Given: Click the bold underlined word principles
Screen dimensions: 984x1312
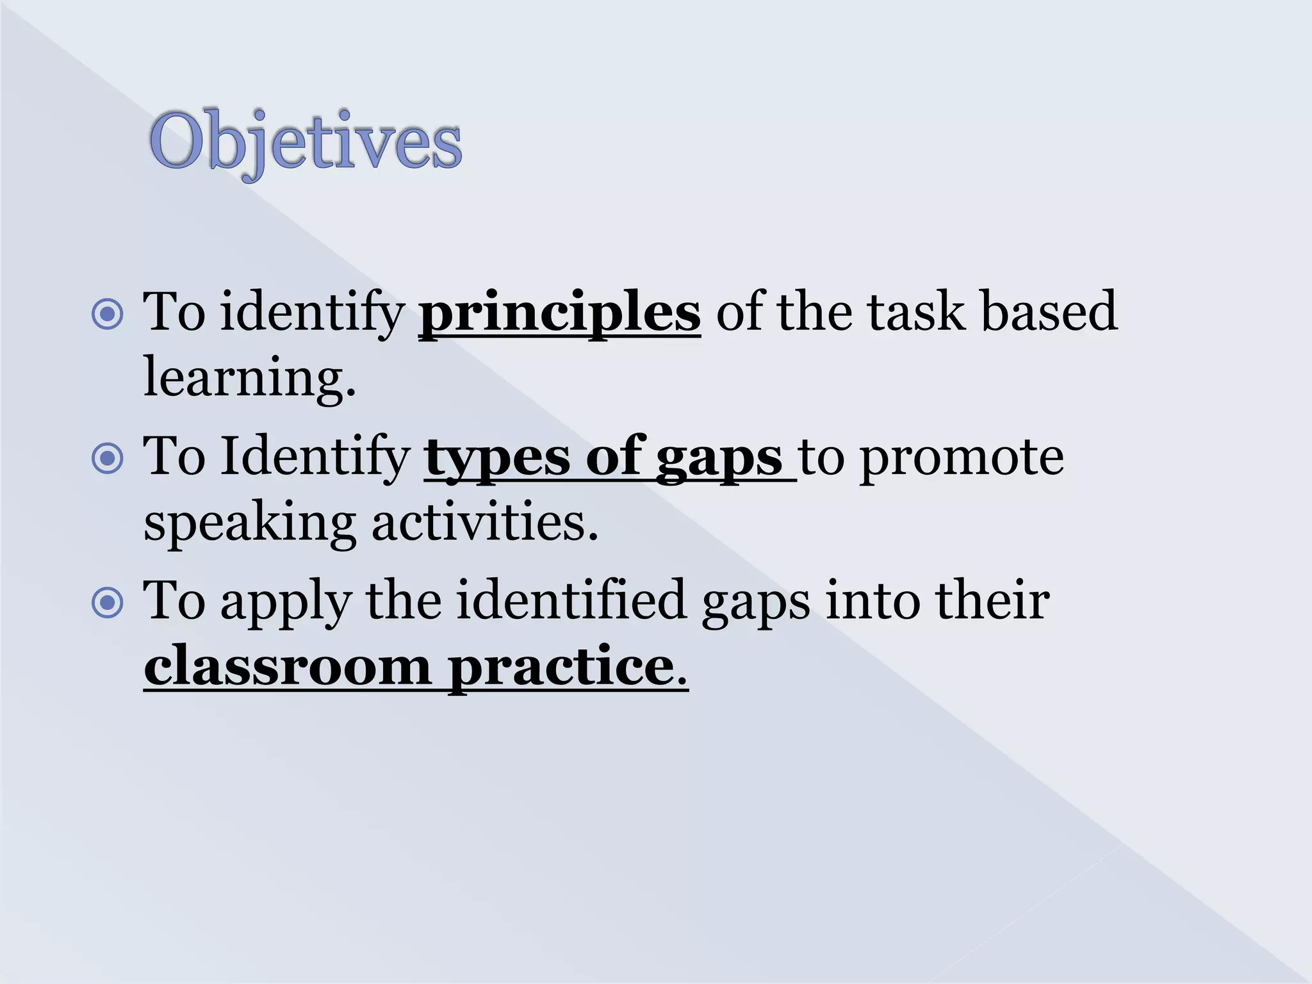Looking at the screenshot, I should (x=559, y=312).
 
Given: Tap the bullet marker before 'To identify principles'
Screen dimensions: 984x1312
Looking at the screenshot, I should (x=108, y=314).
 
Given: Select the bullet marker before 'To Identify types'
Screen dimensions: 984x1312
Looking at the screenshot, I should (x=108, y=458).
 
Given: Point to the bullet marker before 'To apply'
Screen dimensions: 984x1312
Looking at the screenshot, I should (x=108, y=603).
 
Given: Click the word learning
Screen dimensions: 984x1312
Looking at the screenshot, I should (x=249, y=378).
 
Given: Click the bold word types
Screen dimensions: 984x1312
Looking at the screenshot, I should (x=496, y=458).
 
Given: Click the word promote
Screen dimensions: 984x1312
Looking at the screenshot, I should (x=961, y=458).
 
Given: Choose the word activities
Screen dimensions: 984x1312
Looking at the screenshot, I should (x=484, y=522).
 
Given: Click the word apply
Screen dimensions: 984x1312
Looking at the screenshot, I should (x=286, y=603).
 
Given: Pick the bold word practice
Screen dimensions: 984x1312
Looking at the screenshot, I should (x=561, y=668).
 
